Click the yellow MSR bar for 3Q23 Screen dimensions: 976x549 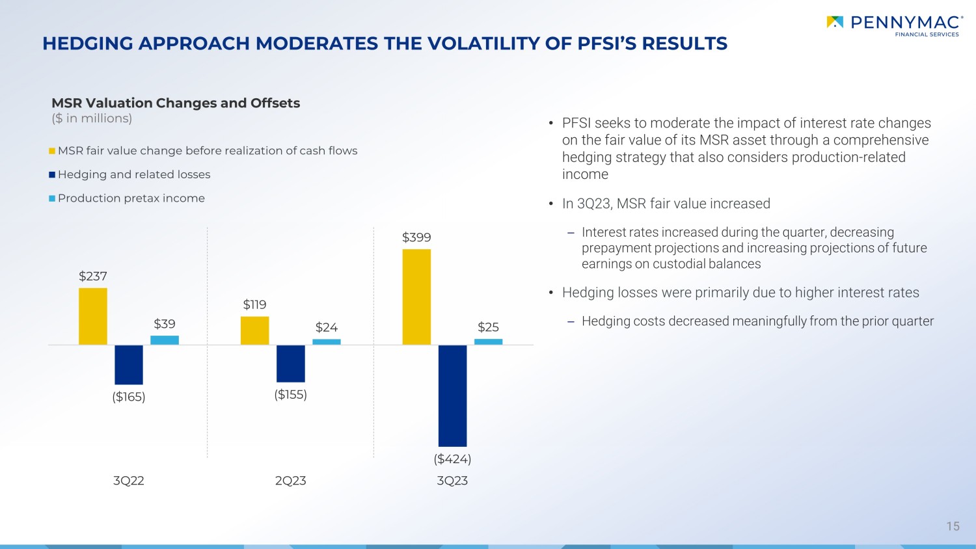(416, 297)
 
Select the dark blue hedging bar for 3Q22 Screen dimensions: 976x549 (129, 365)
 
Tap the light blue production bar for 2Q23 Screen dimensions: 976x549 (327, 342)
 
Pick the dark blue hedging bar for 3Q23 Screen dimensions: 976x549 (452, 395)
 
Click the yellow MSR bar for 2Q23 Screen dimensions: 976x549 (254, 330)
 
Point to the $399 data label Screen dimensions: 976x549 (416, 237)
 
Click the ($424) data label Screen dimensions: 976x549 (452, 459)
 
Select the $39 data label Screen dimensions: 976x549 (164, 324)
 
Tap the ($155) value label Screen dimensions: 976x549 (291, 395)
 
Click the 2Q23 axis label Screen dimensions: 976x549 (291, 481)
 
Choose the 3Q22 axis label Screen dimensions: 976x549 (129, 481)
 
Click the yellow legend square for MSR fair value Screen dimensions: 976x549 (52, 151)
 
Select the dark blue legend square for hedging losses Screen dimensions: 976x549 (52, 175)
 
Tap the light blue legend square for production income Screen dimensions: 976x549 (52, 198)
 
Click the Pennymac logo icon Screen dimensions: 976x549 (835, 22)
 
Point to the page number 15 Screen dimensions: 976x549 (953, 526)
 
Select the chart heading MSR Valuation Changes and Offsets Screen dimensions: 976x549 (176, 103)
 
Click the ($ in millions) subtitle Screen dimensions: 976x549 (92, 118)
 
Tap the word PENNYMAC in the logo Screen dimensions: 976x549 (907, 23)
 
